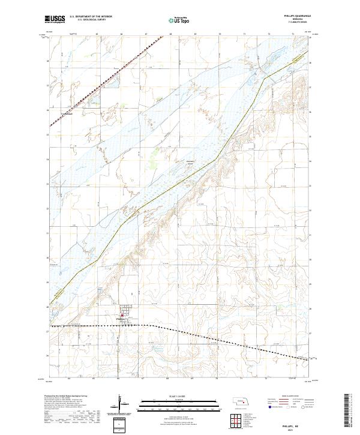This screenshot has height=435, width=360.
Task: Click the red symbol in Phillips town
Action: point(122,313)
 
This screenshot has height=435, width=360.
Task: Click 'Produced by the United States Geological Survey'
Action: point(66,397)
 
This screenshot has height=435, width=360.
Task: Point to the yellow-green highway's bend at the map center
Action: point(216,160)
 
